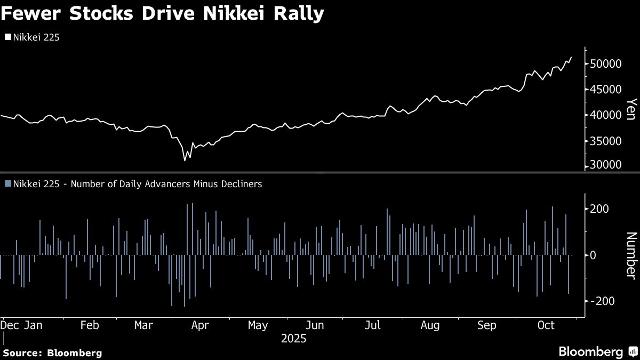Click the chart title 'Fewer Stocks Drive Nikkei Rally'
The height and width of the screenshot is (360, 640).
tap(162, 14)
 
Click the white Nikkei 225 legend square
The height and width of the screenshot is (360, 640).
tap(7, 37)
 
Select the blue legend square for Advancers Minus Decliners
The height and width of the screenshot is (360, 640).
tap(7, 184)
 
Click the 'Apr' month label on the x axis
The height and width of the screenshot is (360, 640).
tap(200, 325)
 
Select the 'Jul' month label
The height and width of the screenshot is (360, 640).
tap(372, 325)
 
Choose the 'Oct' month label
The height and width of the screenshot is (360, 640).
tap(546, 325)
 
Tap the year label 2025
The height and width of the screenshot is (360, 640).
tap(293, 338)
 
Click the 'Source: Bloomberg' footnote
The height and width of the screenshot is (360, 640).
tap(52, 353)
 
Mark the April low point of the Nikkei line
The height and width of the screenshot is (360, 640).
tap(185, 160)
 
